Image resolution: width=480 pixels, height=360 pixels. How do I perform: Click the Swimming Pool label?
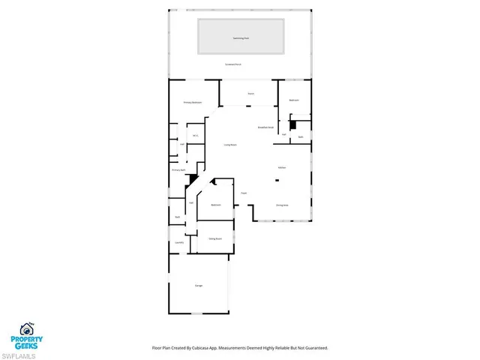(240, 36)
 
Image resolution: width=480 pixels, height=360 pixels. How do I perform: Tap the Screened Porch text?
(233, 65)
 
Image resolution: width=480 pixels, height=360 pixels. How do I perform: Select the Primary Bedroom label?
(193, 102)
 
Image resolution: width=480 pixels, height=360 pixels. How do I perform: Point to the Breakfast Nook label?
(265, 127)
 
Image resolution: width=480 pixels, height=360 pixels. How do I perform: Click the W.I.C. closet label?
(195, 136)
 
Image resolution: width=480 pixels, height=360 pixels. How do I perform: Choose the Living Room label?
(230, 144)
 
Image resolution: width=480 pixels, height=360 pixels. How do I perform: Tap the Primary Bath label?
(178, 170)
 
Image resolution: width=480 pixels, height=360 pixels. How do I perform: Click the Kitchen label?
(282, 167)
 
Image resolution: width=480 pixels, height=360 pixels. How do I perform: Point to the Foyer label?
(244, 193)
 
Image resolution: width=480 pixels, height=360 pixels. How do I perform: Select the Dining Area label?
(282, 205)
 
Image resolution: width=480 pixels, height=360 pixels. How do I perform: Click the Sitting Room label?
(214, 240)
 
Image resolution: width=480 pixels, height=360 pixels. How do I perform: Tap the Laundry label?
(179, 242)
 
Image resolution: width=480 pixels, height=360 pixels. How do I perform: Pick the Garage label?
(199, 286)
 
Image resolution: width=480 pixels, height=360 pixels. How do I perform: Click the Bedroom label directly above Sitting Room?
(215, 204)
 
